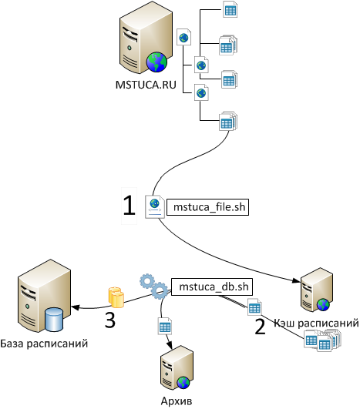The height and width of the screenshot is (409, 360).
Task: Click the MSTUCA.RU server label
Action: pos(146,85)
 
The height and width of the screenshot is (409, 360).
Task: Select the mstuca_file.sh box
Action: pos(208,207)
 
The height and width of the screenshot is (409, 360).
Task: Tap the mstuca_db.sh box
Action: pos(212,287)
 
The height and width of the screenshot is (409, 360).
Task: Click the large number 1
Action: pos(130,206)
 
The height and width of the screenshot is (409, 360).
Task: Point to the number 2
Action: pos(260,327)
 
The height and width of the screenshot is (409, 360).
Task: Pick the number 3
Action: pos(110,320)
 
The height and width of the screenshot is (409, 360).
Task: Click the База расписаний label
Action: pos(44,344)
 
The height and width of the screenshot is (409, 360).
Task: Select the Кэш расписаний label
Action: pos(316,323)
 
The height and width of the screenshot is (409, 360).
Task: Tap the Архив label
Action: pos(177,401)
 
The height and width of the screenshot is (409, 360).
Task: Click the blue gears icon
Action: pos(153,286)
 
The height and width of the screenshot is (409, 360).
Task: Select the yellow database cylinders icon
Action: pos(116,297)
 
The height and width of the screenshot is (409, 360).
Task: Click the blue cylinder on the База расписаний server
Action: pos(54,320)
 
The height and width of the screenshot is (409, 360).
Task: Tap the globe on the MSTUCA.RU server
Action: pos(156,62)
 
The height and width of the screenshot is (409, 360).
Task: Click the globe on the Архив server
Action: pos(183,383)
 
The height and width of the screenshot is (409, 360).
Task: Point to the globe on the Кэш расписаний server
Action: pos(323,305)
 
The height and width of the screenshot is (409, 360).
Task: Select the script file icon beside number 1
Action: pos(155,206)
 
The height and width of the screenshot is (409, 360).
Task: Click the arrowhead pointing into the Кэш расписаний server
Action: pos(297,280)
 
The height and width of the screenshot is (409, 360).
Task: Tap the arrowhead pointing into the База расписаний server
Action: pos(76,307)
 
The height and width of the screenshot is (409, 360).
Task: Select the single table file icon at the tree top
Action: pos(230,9)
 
